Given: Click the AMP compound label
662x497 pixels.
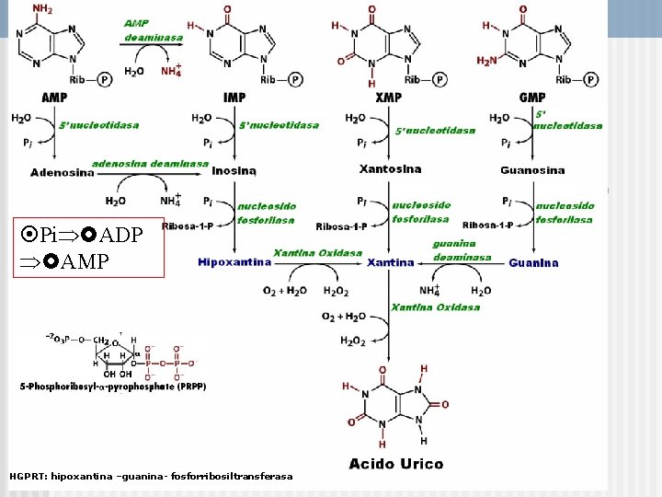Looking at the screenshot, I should [x=53, y=98].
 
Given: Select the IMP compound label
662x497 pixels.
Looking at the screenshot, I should [x=234, y=98].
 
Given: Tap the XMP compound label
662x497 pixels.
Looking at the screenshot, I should [x=389, y=98].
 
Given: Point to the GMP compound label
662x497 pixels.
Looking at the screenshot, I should [x=532, y=98].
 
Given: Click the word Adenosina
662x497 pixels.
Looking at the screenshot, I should [x=63, y=172].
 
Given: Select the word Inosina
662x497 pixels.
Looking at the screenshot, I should [x=234, y=170].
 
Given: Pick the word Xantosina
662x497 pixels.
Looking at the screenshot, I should [x=390, y=169].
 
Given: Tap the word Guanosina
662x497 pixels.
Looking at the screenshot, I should [x=532, y=170].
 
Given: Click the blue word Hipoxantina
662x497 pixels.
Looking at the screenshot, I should [x=234, y=262].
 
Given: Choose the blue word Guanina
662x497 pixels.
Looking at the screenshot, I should [x=533, y=262].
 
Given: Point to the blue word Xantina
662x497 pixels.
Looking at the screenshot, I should [x=391, y=262].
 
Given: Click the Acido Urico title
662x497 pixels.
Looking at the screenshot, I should [x=396, y=464].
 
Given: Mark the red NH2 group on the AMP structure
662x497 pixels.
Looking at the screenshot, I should [x=43, y=10].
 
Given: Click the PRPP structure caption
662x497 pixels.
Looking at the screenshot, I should [x=113, y=387].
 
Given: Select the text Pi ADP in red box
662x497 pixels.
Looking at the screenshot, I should [x=84, y=235].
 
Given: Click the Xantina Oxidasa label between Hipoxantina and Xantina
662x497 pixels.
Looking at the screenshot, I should [x=317, y=252].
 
